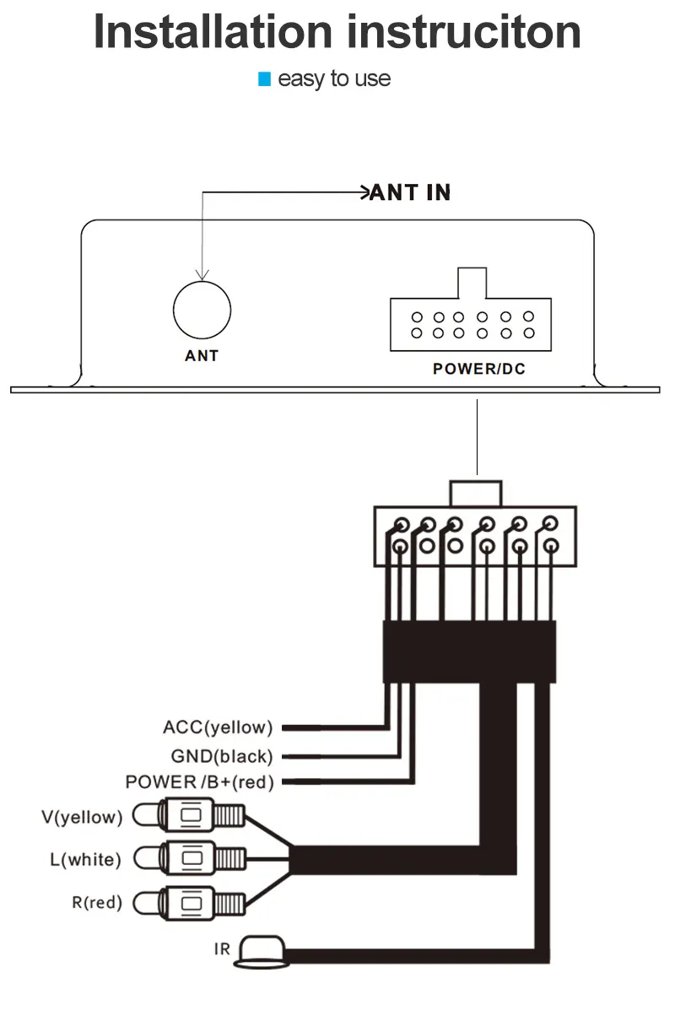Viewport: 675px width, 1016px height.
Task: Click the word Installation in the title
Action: tap(213, 32)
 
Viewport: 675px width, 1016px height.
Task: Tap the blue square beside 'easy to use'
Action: tap(264, 79)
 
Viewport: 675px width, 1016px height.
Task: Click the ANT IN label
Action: tap(411, 192)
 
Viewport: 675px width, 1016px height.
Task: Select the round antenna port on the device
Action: tap(202, 310)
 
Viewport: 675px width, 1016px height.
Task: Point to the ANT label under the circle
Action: tap(202, 355)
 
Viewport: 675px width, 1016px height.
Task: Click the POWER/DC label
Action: tap(479, 369)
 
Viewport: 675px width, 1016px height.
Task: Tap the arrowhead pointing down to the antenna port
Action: tap(202, 274)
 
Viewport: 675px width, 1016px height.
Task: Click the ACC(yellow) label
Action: tap(218, 727)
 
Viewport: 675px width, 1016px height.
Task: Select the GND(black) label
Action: tap(222, 756)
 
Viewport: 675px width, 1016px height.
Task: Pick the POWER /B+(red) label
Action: tap(200, 782)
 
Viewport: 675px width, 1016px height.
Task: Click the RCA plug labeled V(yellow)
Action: tap(189, 815)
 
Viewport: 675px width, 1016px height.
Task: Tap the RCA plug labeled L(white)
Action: tap(189, 858)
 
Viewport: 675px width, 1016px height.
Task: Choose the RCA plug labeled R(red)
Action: tap(189, 903)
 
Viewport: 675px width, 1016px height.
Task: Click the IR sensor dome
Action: tap(262, 952)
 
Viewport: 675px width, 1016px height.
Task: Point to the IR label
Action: tap(222, 948)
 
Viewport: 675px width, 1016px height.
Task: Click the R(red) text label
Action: tap(97, 903)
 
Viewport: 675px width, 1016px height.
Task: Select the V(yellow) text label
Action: tap(82, 817)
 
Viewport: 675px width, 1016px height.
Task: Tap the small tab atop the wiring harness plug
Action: tap(476, 494)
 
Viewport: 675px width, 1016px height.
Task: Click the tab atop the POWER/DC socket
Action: tap(472, 283)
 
